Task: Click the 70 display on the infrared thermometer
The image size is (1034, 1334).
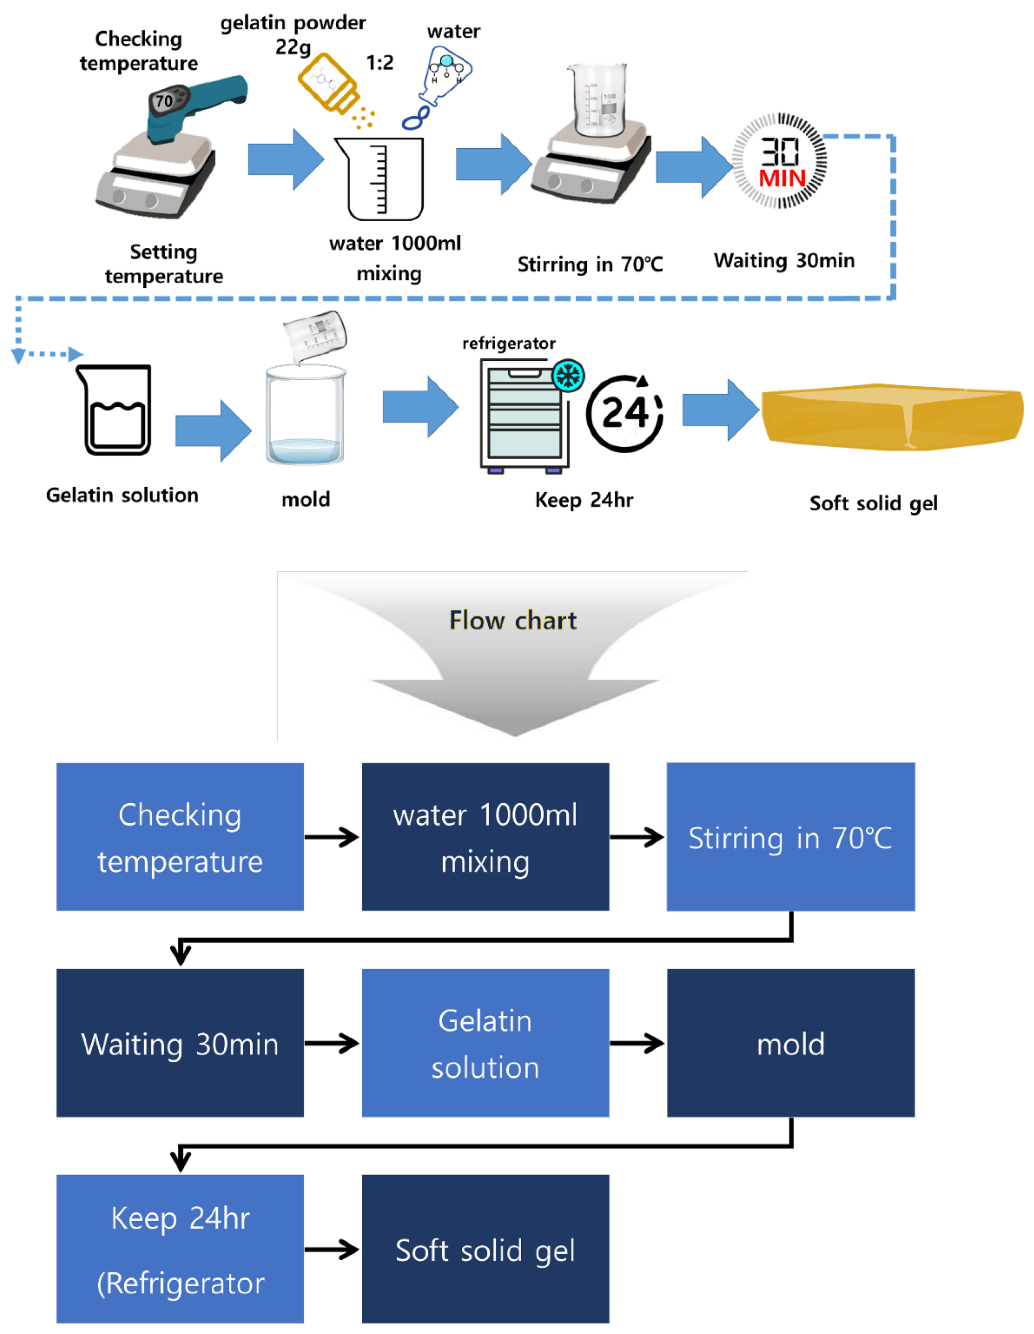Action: pos(164,101)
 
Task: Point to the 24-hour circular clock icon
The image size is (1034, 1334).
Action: pos(624,413)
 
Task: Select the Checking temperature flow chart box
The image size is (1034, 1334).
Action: pos(180,837)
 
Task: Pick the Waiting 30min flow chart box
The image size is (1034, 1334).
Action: pos(180,1043)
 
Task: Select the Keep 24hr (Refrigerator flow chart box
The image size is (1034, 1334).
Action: pos(180,1249)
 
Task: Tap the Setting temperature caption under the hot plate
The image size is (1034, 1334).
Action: pos(164,264)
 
